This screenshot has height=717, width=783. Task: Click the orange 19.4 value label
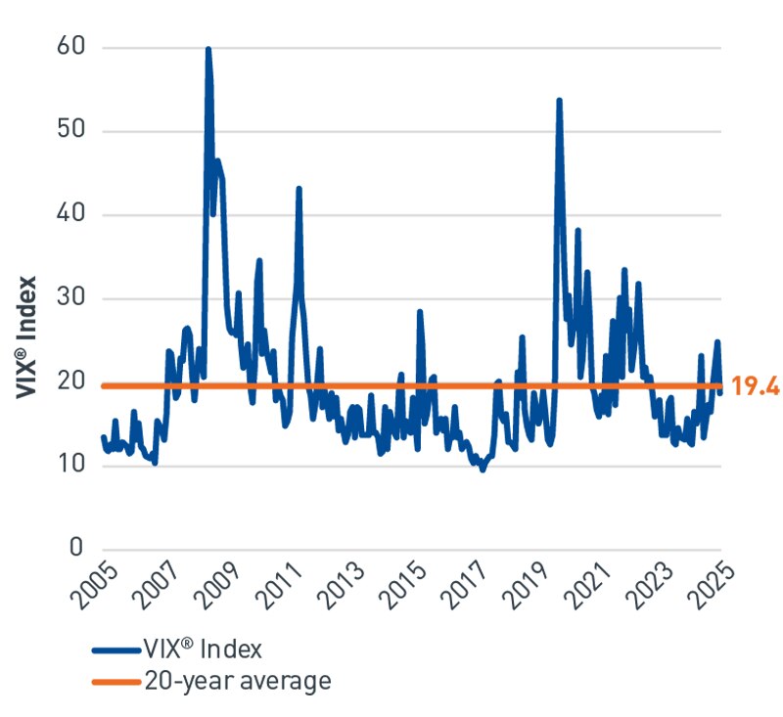pos(755,386)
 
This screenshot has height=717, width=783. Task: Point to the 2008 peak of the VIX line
pos(207,49)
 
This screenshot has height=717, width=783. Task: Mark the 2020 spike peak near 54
pos(559,100)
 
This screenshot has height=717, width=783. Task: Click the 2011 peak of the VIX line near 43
pos(299,188)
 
